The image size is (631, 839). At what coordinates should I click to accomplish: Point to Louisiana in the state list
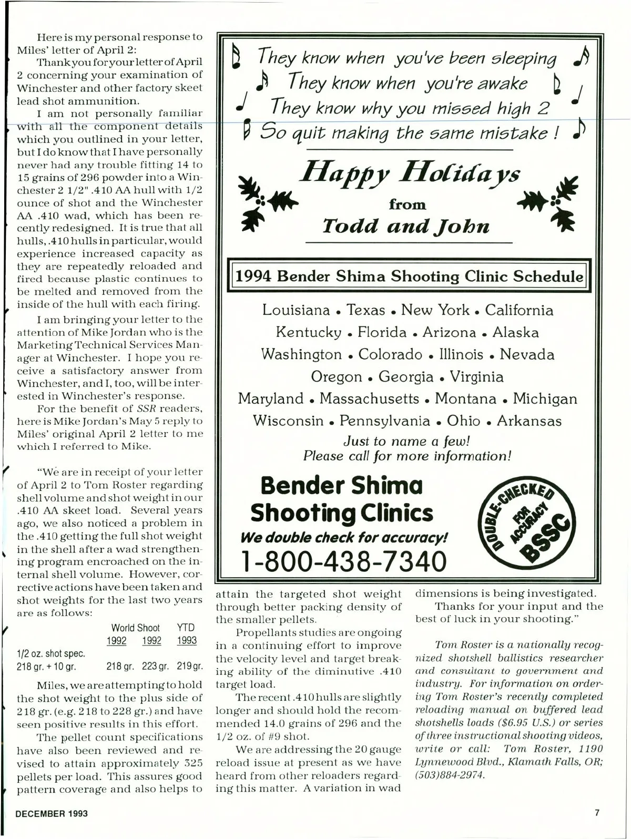(x=296, y=310)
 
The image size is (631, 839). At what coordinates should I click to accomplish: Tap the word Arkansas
(x=529, y=421)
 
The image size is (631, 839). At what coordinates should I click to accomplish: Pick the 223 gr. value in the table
(x=156, y=667)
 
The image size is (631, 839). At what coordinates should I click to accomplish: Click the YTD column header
(x=186, y=628)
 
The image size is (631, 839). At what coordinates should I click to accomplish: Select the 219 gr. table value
(x=190, y=667)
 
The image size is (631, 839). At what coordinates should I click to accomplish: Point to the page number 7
(x=597, y=812)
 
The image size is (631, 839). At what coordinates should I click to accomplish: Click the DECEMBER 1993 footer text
(x=52, y=813)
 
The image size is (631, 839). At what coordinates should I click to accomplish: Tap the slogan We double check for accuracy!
(x=344, y=537)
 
